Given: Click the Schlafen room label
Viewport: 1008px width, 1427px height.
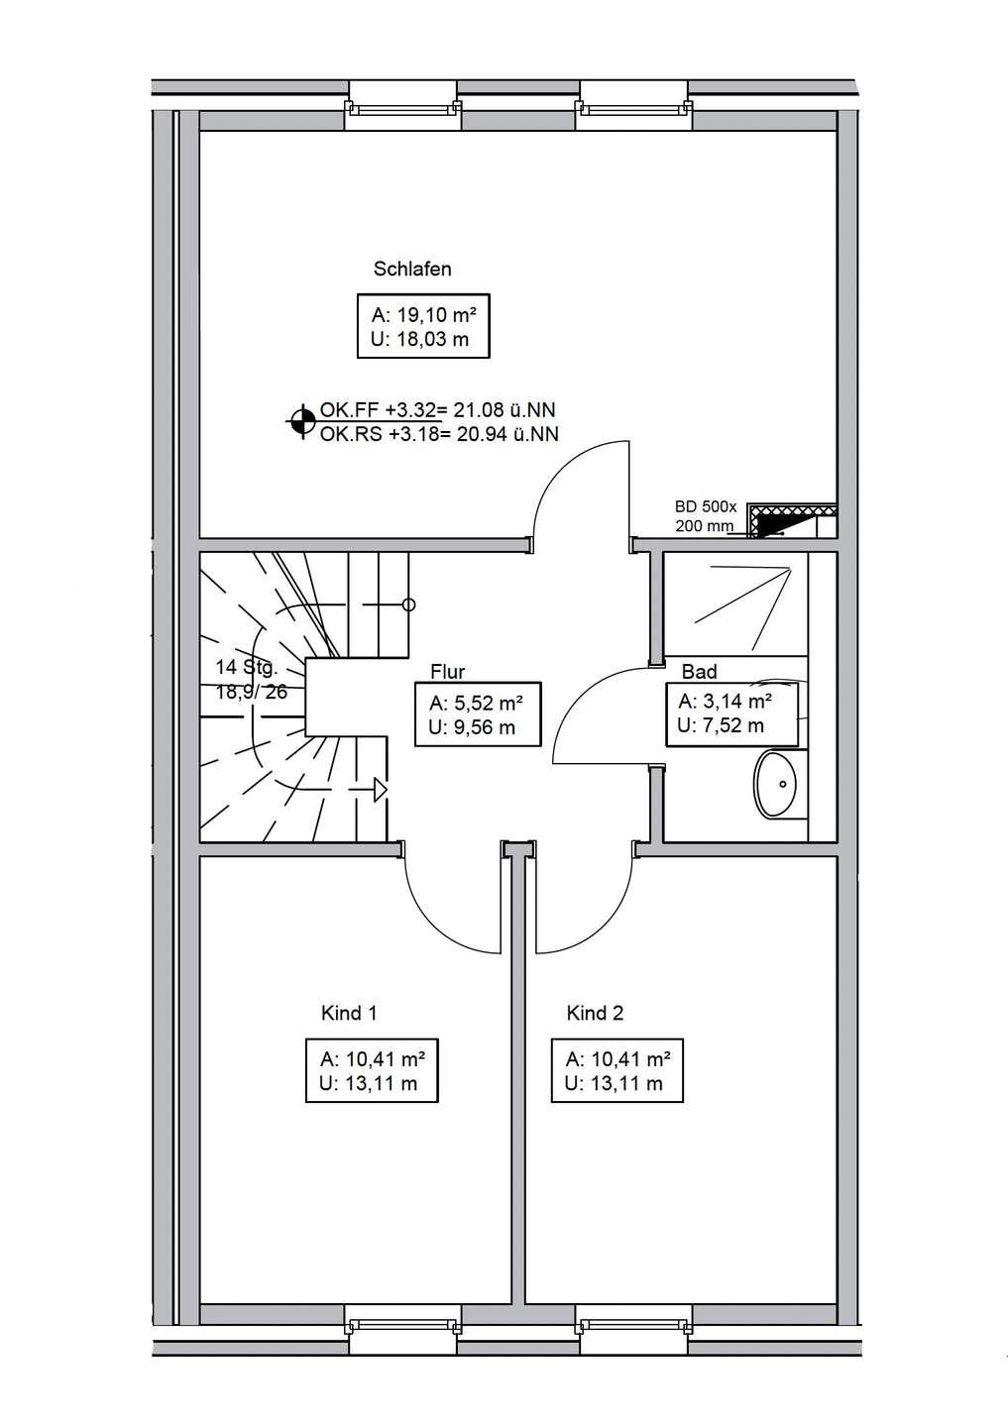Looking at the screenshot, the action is (x=412, y=270).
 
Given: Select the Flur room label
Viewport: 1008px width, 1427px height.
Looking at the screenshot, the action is (x=447, y=672).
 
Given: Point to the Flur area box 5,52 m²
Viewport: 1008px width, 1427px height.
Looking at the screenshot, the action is (x=478, y=714).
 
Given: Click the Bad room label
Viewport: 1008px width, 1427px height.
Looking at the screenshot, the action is (x=699, y=672).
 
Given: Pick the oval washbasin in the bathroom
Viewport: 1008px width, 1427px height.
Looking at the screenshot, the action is (x=775, y=783).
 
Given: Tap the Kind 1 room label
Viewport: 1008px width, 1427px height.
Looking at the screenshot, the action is (x=349, y=1013).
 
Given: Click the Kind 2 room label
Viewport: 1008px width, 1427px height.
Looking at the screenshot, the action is (x=595, y=1013).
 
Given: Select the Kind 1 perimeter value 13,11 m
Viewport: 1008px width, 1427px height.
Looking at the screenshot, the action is (x=369, y=1083).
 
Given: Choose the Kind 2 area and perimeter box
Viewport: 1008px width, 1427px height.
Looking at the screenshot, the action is (x=616, y=1070).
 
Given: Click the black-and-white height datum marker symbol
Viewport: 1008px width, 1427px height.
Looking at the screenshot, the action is (x=302, y=421).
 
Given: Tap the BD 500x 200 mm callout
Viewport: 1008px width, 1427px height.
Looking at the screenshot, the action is (x=706, y=516).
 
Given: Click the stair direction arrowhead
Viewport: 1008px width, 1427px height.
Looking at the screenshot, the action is (x=381, y=790).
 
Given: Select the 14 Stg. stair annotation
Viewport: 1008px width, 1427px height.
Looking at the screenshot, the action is (x=247, y=668).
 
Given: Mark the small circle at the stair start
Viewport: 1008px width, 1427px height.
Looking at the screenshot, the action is (x=409, y=604).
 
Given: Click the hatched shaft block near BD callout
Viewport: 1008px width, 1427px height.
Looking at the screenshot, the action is (x=793, y=520).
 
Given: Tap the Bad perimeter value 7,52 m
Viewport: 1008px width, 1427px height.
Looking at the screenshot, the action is (x=721, y=725).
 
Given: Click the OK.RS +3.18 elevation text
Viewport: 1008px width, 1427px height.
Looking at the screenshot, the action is (x=439, y=434).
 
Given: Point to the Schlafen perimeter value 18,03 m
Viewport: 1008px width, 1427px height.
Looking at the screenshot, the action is (x=420, y=339).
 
